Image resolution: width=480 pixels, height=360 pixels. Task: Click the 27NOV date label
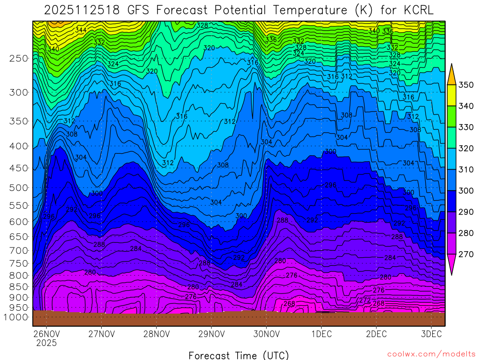101,334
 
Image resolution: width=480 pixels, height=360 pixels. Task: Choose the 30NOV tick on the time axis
266,334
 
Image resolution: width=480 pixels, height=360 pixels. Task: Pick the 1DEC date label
321,334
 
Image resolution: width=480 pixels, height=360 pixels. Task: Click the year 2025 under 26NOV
46,343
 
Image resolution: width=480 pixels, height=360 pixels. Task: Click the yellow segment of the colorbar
451,96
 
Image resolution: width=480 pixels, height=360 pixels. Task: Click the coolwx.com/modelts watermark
431,354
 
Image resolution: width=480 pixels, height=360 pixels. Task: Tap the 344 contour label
81,30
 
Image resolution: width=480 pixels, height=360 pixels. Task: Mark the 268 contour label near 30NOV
289,304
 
